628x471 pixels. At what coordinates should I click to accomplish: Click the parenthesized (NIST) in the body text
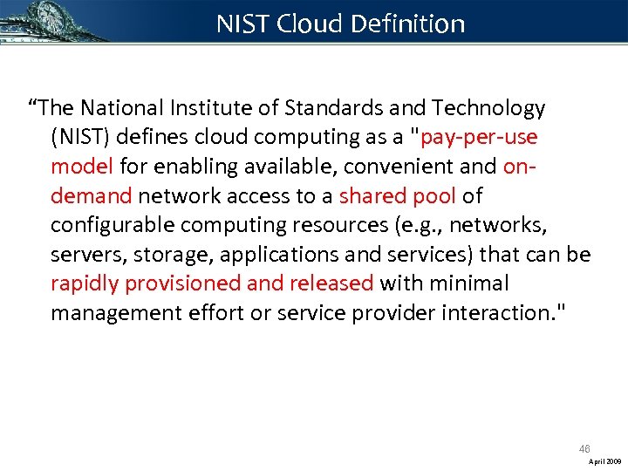click(x=81, y=137)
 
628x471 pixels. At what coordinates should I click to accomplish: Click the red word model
click(x=82, y=166)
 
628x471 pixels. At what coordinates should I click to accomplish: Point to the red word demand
click(x=91, y=195)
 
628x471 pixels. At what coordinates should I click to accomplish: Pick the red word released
click(x=333, y=283)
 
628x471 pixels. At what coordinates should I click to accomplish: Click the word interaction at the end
click(x=496, y=312)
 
